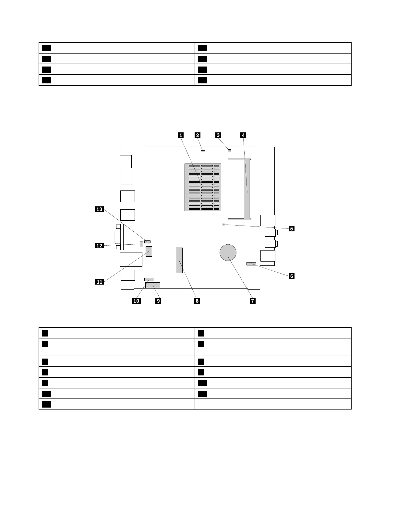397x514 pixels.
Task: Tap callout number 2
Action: pos(197,135)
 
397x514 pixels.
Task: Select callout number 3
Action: pos(219,135)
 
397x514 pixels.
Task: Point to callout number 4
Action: pos(243,135)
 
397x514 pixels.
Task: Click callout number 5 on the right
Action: pos(292,228)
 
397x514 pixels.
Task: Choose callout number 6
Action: pos(292,276)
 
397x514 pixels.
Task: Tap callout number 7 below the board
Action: pos(252,301)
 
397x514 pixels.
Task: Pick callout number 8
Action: pos(197,301)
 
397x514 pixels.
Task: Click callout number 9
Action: pos(158,301)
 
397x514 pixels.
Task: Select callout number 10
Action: pos(136,301)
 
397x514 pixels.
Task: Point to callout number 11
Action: pos(99,282)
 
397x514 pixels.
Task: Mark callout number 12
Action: pos(99,246)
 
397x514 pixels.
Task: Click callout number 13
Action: pos(99,209)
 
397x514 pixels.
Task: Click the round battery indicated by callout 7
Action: pos(228,253)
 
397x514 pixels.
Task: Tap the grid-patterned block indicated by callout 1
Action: pos(203,187)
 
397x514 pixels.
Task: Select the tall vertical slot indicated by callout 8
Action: pos(179,260)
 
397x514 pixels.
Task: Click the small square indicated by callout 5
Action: pos(223,225)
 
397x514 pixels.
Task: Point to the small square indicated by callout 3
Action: pos(229,151)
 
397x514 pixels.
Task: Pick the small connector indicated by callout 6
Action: pos(251,264)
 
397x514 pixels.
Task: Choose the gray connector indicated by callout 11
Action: pos(149,251)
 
